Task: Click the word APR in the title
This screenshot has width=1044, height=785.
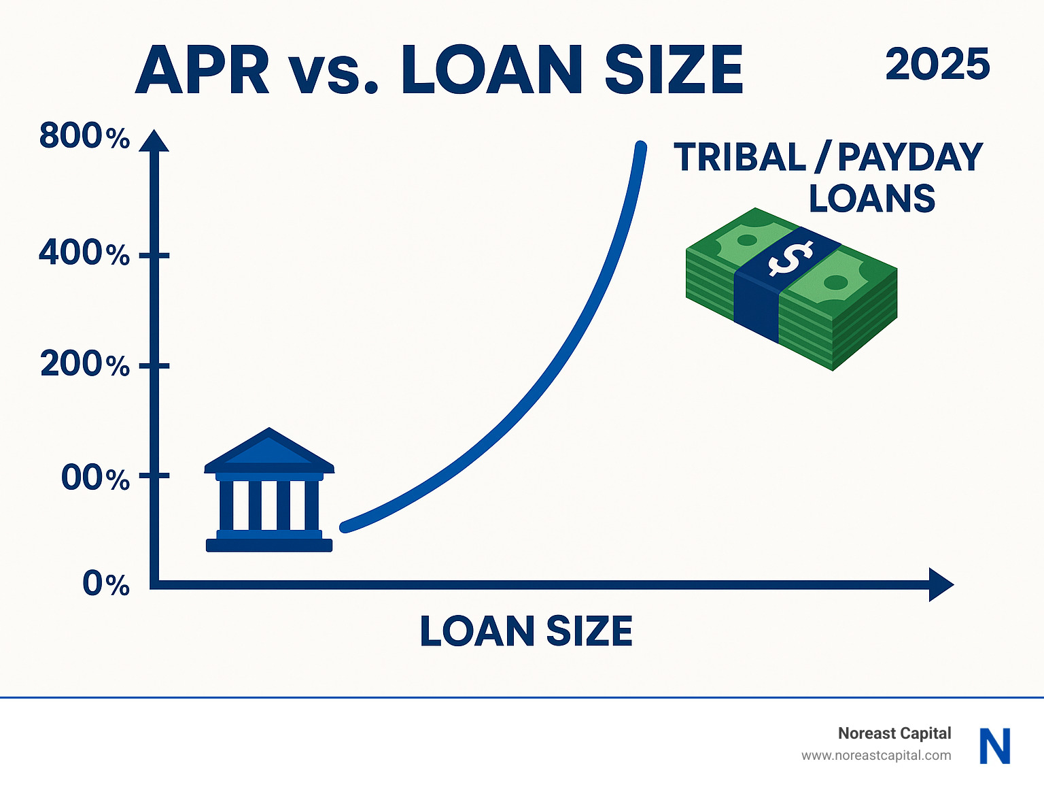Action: pos(202,70)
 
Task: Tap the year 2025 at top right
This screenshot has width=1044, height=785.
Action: pos(937,64)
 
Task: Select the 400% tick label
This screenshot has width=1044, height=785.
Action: pos(84,252)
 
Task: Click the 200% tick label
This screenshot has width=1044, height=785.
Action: pos(85,364)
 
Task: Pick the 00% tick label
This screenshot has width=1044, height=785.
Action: pos(95,478)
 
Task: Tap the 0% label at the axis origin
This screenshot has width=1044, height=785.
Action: pos(105,584)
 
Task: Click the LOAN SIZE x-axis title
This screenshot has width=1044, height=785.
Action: pos(526,631)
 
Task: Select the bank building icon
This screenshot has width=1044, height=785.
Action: pos(269,489)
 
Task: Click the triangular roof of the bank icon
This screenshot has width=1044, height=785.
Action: pos(269,448)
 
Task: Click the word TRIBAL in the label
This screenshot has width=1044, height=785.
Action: pos(739,156)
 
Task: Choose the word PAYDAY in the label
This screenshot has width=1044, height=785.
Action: pos(910,156)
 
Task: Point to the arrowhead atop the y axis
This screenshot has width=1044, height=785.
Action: pos(154,140)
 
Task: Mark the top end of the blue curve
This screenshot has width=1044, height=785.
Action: pos(641,147)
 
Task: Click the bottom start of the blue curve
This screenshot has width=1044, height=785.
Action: pos(345,527)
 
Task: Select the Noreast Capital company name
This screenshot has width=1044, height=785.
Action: pos(894,733)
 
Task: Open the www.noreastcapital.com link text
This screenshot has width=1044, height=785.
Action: pos(876,756)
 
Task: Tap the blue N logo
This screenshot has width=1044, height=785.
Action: pos(995,746)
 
